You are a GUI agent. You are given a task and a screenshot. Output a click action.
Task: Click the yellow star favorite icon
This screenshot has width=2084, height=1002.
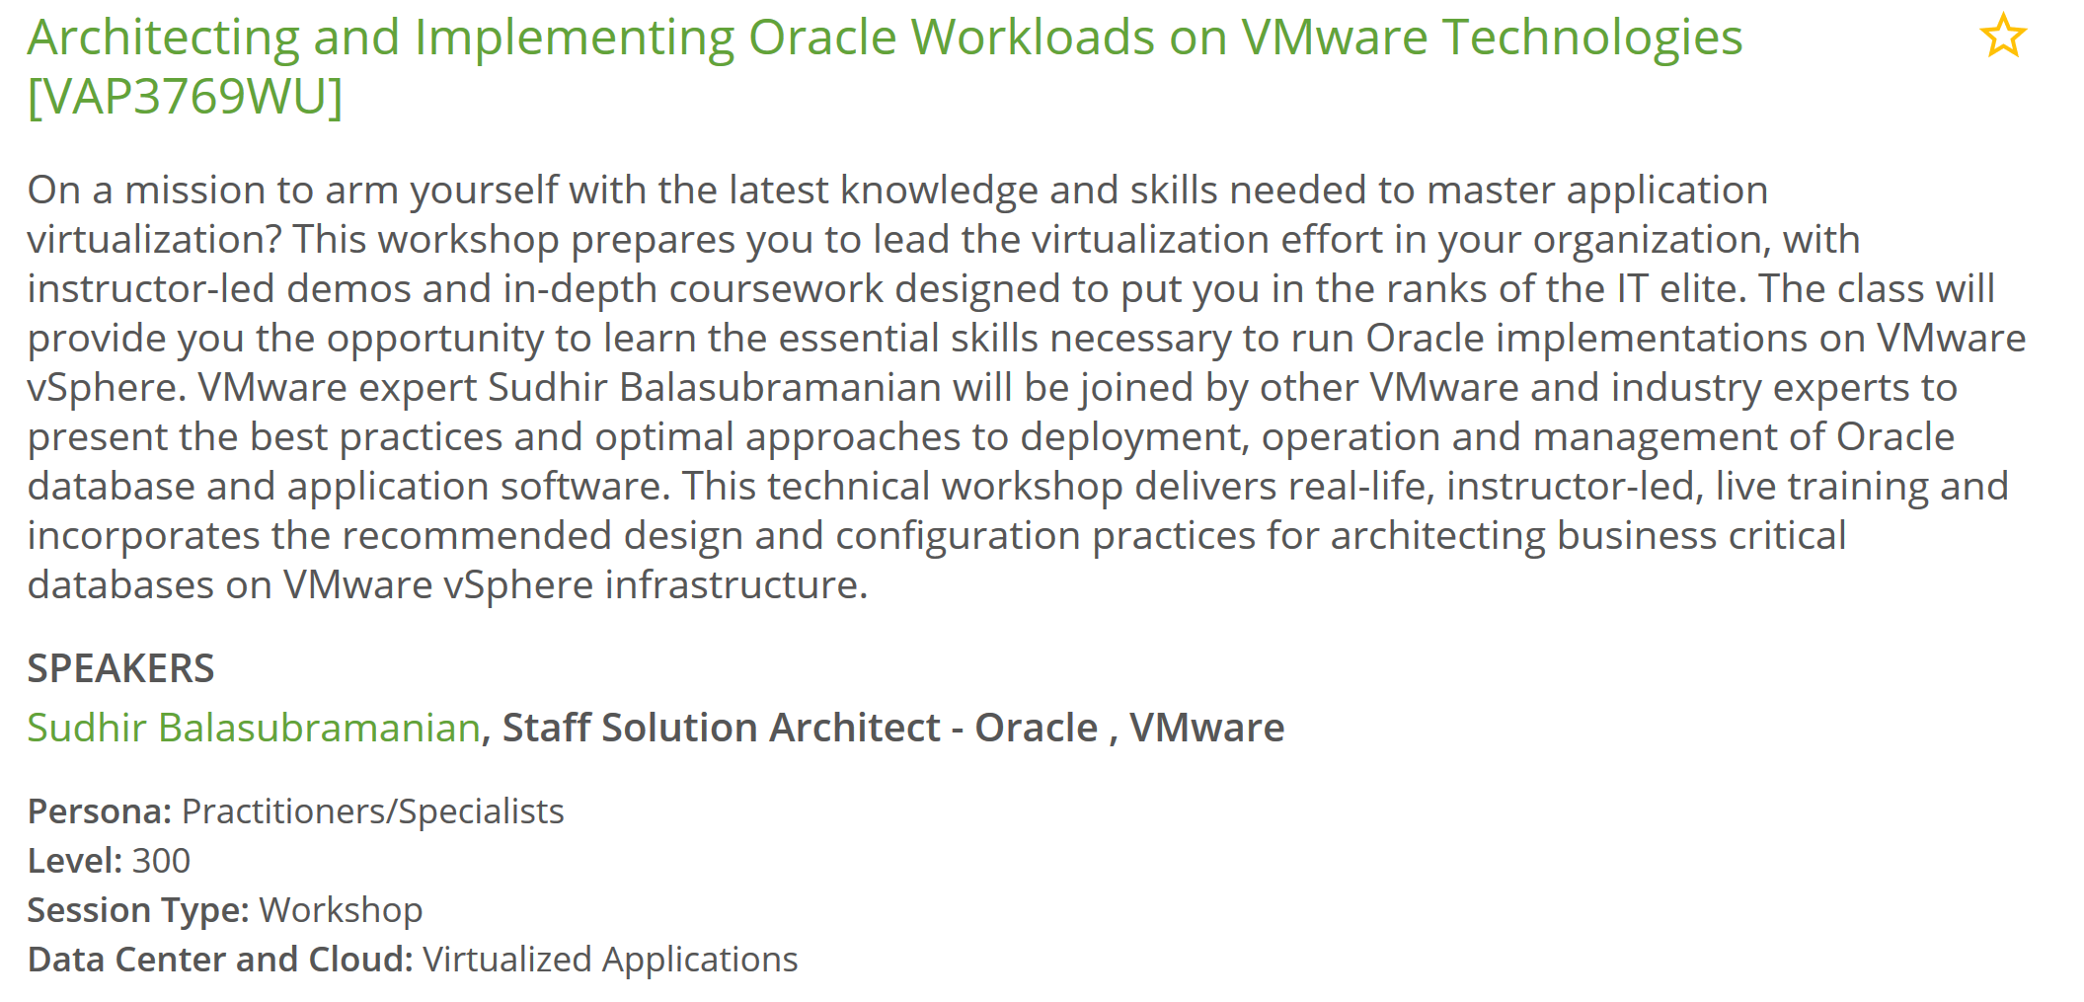pos(2003,36)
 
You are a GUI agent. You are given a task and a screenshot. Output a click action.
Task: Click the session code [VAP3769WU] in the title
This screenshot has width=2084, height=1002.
pos(185,97)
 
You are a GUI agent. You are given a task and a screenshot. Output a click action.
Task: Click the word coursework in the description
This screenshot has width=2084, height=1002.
pos(776,288)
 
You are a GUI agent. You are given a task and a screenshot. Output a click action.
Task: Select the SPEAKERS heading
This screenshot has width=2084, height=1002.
pos(120,669)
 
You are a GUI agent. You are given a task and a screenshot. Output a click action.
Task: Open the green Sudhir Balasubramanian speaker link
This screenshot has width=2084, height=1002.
pos(254,728)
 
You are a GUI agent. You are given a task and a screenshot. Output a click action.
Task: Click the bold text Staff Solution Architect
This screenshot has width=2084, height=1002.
pos(721,728)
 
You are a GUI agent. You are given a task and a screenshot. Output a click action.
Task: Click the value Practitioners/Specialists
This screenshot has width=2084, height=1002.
pos(373,812)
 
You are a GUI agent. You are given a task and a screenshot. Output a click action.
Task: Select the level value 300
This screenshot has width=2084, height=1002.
pos(162,861)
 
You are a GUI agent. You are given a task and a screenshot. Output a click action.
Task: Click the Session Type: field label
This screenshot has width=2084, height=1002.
pos(138,911)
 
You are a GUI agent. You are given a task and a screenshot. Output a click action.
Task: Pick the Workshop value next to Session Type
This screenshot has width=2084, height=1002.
pos(342,910)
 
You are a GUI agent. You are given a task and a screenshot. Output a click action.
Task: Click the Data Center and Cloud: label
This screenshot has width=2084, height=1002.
pos(220,960)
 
